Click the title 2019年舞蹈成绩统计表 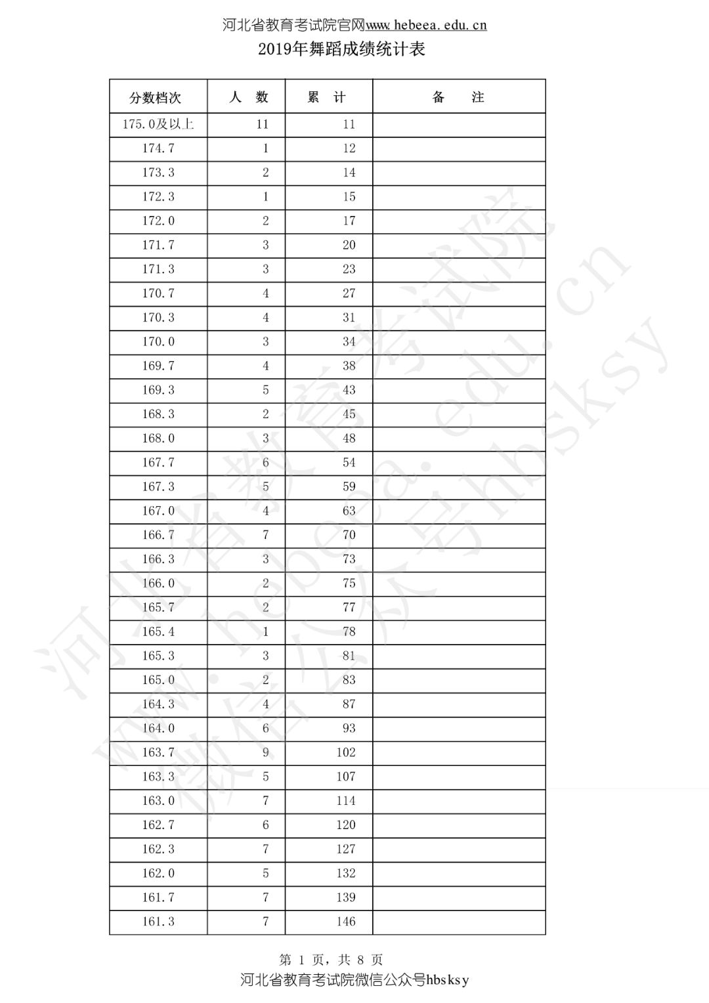point(342,49)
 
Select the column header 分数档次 point(155,98)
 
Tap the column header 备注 point(458,97)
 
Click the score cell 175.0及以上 point(158,124)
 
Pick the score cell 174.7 point(158,148)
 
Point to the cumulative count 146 point(345,922)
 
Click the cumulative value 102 point(345,752)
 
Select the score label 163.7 point(158,752)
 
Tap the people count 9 point(265,752)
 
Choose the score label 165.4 point(158,631)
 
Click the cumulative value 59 point(349,486)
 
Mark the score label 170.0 point(158,341)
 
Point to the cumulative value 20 point(349,245)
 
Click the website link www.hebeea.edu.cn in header point(426,26)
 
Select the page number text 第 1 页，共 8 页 point(331,960)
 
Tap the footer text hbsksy point(448,981)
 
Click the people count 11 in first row point(263,124)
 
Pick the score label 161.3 point(158,922)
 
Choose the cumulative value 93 point(349,728)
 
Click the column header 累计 point(327,97)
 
